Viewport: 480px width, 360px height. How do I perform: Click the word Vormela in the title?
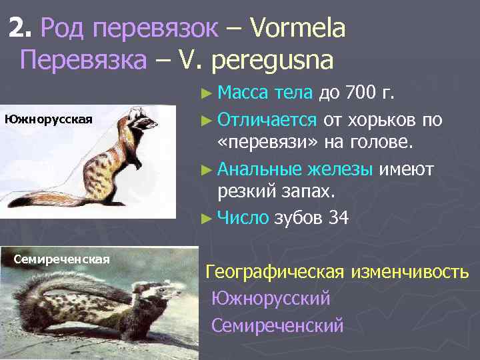(x=298, y=29)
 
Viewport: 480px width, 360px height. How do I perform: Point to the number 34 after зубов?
(x=339, y=218)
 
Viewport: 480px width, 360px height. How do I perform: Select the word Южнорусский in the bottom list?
(x=271, y=299)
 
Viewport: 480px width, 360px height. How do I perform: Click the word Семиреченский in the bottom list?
(x=277, y=325)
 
